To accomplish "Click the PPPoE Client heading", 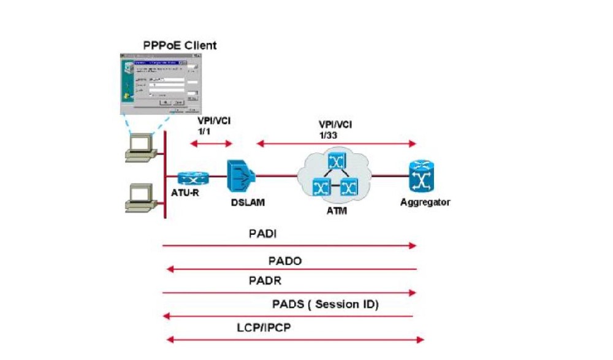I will (176, 45).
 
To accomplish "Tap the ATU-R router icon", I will (193, 178).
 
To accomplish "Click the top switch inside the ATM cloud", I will (337, 161).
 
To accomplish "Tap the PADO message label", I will (285, 261).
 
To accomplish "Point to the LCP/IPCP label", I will (265, 327).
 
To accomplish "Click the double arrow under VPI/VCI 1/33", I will (336, 144).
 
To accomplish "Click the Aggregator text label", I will (424, 202).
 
